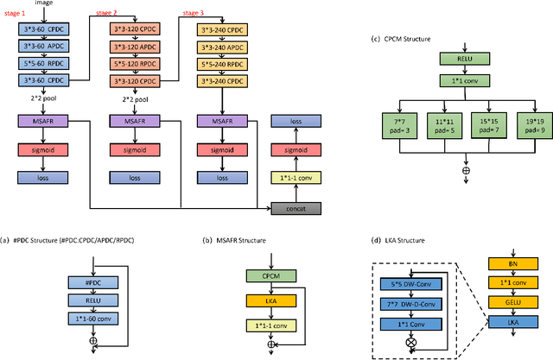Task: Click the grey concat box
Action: click(296, 208)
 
